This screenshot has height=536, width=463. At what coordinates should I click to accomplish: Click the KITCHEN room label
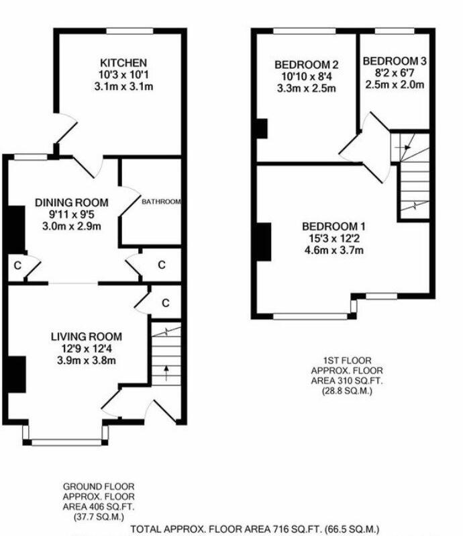pyautogui.click(x=123, y=63)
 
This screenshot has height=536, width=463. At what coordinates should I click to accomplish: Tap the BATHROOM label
pyautogui.click(x=161, y=202)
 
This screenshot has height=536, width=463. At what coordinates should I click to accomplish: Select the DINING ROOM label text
pyautogui.click(x=72, y=202)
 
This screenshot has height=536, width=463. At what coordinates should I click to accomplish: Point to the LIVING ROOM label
pyautogui.click(x=87, y=337)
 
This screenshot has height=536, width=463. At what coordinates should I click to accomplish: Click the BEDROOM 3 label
pyautogui.click(x=395, y=61)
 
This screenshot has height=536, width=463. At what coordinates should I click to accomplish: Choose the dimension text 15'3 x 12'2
pyautogui.click(x=333, y=238)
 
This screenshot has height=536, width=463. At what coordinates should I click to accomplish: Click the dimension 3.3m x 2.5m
pyautogui.click(x=306, y=89)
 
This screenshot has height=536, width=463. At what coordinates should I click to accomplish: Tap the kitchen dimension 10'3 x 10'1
pyautogui.click(x=123, y=75)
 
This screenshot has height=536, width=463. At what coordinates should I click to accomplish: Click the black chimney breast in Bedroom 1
pyautogui.click(x=264, y=242)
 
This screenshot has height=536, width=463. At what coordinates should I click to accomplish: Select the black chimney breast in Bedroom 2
pyautogui.click(x=262, y=128)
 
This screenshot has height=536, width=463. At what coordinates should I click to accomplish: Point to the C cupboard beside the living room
pyautogui.click(x=166, y=303)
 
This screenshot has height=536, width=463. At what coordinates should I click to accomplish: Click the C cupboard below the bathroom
pyautogui.click(x=162, y=265)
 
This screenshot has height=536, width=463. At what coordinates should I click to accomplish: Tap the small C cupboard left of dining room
pyautogui.click(x=17, y=265)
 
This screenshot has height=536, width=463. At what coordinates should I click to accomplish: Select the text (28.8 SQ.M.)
pyautogui.click(x=347, y=391)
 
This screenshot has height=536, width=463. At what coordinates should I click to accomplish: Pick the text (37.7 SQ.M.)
pyautogui.click(x=99, y=517)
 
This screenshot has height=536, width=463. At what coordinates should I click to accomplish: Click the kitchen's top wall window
pyautogui.click(x=130, y=31)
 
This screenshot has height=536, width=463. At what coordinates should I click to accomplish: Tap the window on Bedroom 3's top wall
pyautogui.click(x=395, y=31)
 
